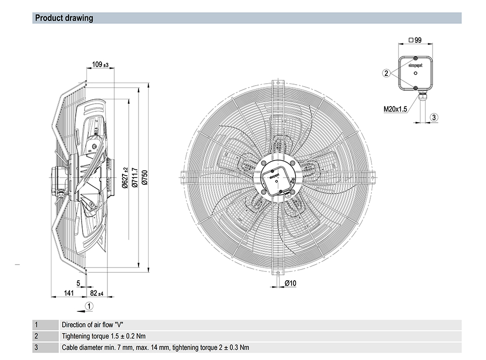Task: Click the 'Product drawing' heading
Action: click(64, 18)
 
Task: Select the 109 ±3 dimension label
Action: click(100, 64)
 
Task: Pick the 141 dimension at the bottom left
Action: click(69, 293)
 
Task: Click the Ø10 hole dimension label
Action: click(291, 283)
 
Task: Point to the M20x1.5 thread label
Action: click(395, 109)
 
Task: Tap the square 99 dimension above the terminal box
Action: click(415, 40)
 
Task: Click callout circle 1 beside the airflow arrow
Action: click(89, 306)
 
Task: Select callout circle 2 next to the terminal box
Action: click(386, 73)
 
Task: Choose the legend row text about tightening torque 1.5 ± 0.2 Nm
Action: click(104, 336)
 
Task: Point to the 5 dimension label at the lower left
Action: click(78, 283)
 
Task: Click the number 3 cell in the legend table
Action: click(36, 347)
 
